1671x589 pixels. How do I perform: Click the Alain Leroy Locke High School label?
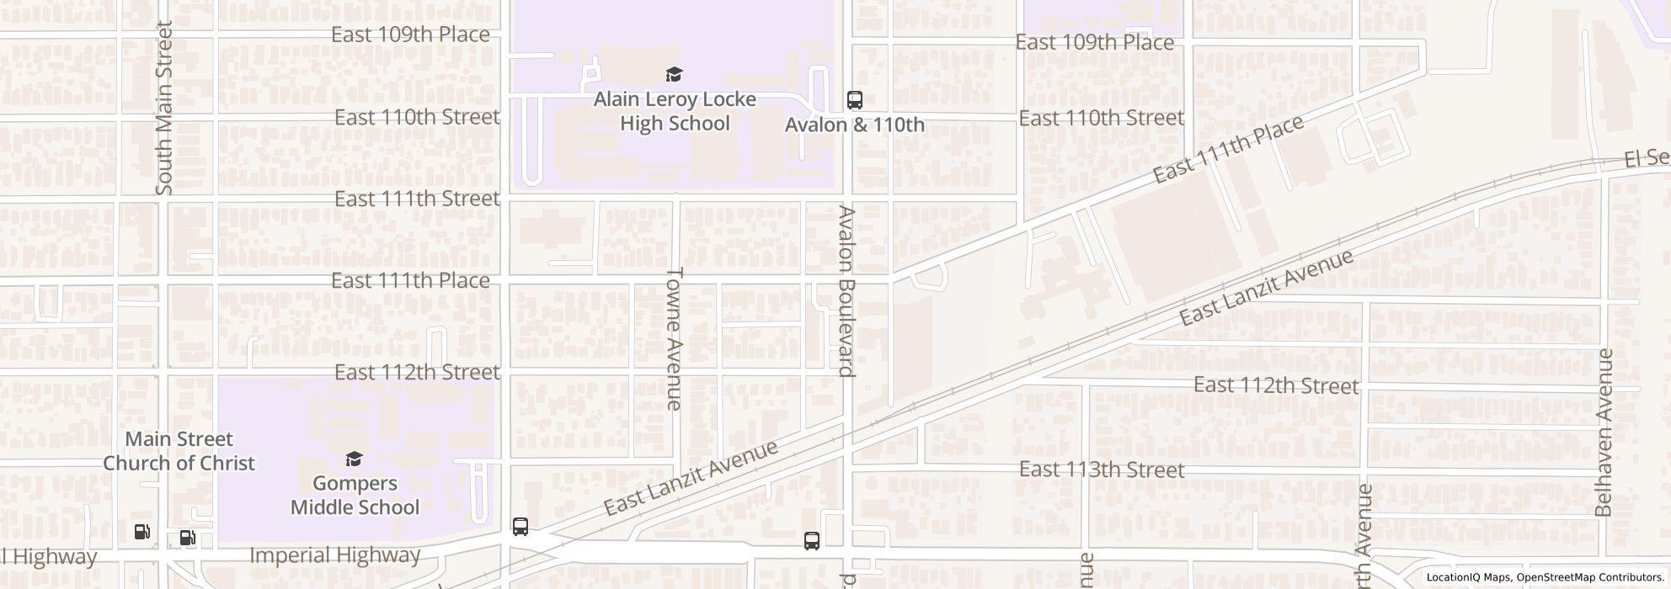pos(675,111)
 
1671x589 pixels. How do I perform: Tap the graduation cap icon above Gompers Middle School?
pos(355,459)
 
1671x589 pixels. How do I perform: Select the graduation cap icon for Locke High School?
pos(674,75)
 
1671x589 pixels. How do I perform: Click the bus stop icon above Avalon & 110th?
pos(854,100)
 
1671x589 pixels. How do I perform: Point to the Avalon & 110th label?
pos(854,125)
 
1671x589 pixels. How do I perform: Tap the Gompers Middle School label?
pos(355,495)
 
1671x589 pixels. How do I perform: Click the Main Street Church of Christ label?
pos(179,451)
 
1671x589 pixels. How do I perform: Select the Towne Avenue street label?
pos(674,338)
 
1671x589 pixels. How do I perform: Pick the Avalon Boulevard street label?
pos(846,291)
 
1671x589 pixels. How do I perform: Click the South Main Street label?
pos(164,108)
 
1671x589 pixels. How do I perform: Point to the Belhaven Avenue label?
pos(1604,432)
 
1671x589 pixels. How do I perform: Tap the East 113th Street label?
pos(1102,470)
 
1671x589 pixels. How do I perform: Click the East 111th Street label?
pos(417,199)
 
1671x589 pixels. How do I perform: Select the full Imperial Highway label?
pos(334,555)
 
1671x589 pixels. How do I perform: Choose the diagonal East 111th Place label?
pos(1228,149)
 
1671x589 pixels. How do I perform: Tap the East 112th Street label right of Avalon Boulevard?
pos(1276,385)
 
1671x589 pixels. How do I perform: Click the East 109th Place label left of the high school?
pos(410,34)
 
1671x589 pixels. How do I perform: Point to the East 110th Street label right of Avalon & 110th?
pos(1101,118)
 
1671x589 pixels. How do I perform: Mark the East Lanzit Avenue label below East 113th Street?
pos(691,477)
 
